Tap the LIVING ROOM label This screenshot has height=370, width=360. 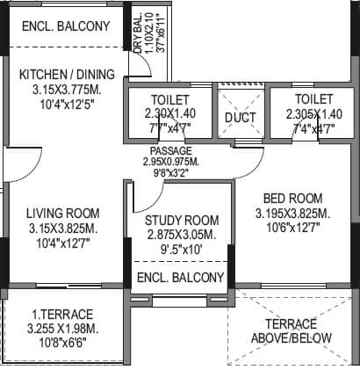pos(61,214)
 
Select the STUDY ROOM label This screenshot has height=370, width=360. pos(183,220)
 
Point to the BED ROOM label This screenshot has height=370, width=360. pos(290,198)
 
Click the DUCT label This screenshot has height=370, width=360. pos(240,116)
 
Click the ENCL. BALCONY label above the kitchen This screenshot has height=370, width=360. pos(65,25)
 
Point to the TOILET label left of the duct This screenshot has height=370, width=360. pos(169,99)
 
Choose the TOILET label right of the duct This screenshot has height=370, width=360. pos(313,99)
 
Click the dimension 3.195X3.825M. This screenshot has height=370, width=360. pos(292,214)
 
